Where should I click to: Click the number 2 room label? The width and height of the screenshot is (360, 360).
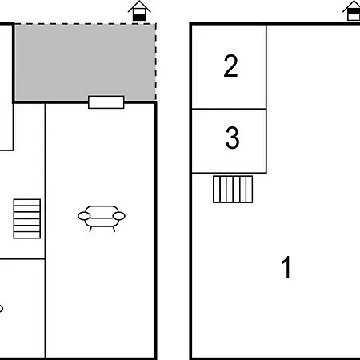pyautogui.click(x=230, y=66)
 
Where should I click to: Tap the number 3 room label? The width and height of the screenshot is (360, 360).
pyautogui.click(x=232, y=138)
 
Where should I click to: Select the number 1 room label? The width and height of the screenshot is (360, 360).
pyautogui.click(x=286, y=267)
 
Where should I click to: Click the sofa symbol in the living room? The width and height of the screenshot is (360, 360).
pyautogui.click(x=102, y=218)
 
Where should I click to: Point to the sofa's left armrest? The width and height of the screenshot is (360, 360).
pyautogui.click(x=84, y=216)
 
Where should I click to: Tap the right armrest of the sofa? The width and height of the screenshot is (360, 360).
pyautogui.click(x=119, y=216)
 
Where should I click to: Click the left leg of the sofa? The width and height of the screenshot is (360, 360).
pyautogui.click(x=90, y=229)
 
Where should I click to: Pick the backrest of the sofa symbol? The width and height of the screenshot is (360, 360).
pyautogui.click(x=102, y=212)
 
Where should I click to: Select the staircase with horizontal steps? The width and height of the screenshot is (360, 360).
pyautogui.click(x=27, y=218)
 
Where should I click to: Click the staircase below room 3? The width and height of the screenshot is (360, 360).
pyautogui.click(x=233, y=190)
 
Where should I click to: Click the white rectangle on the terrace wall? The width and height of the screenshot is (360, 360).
pyautogui.click(x=106, y=102)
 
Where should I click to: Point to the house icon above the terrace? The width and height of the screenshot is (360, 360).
pyautogui.click(x=139, y=10)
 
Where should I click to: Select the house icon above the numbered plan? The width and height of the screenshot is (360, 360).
pyautogui.click(x=352, y=10)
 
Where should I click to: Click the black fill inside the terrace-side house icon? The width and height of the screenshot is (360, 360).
pyautogui.click(x=139, y=18)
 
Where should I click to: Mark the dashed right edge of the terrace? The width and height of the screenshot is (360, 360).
pyautogui.click(x=156, y=62)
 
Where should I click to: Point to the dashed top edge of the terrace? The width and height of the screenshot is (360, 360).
pyautogui.click(x=85, y=24)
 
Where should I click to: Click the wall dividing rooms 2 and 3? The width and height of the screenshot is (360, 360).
pyautogui.click(x=229, y=109)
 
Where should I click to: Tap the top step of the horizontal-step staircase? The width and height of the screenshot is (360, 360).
pyautogui.click(x=27, y=202)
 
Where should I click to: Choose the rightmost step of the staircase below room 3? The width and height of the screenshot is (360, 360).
pyautogui.click(x=250, y=190)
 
